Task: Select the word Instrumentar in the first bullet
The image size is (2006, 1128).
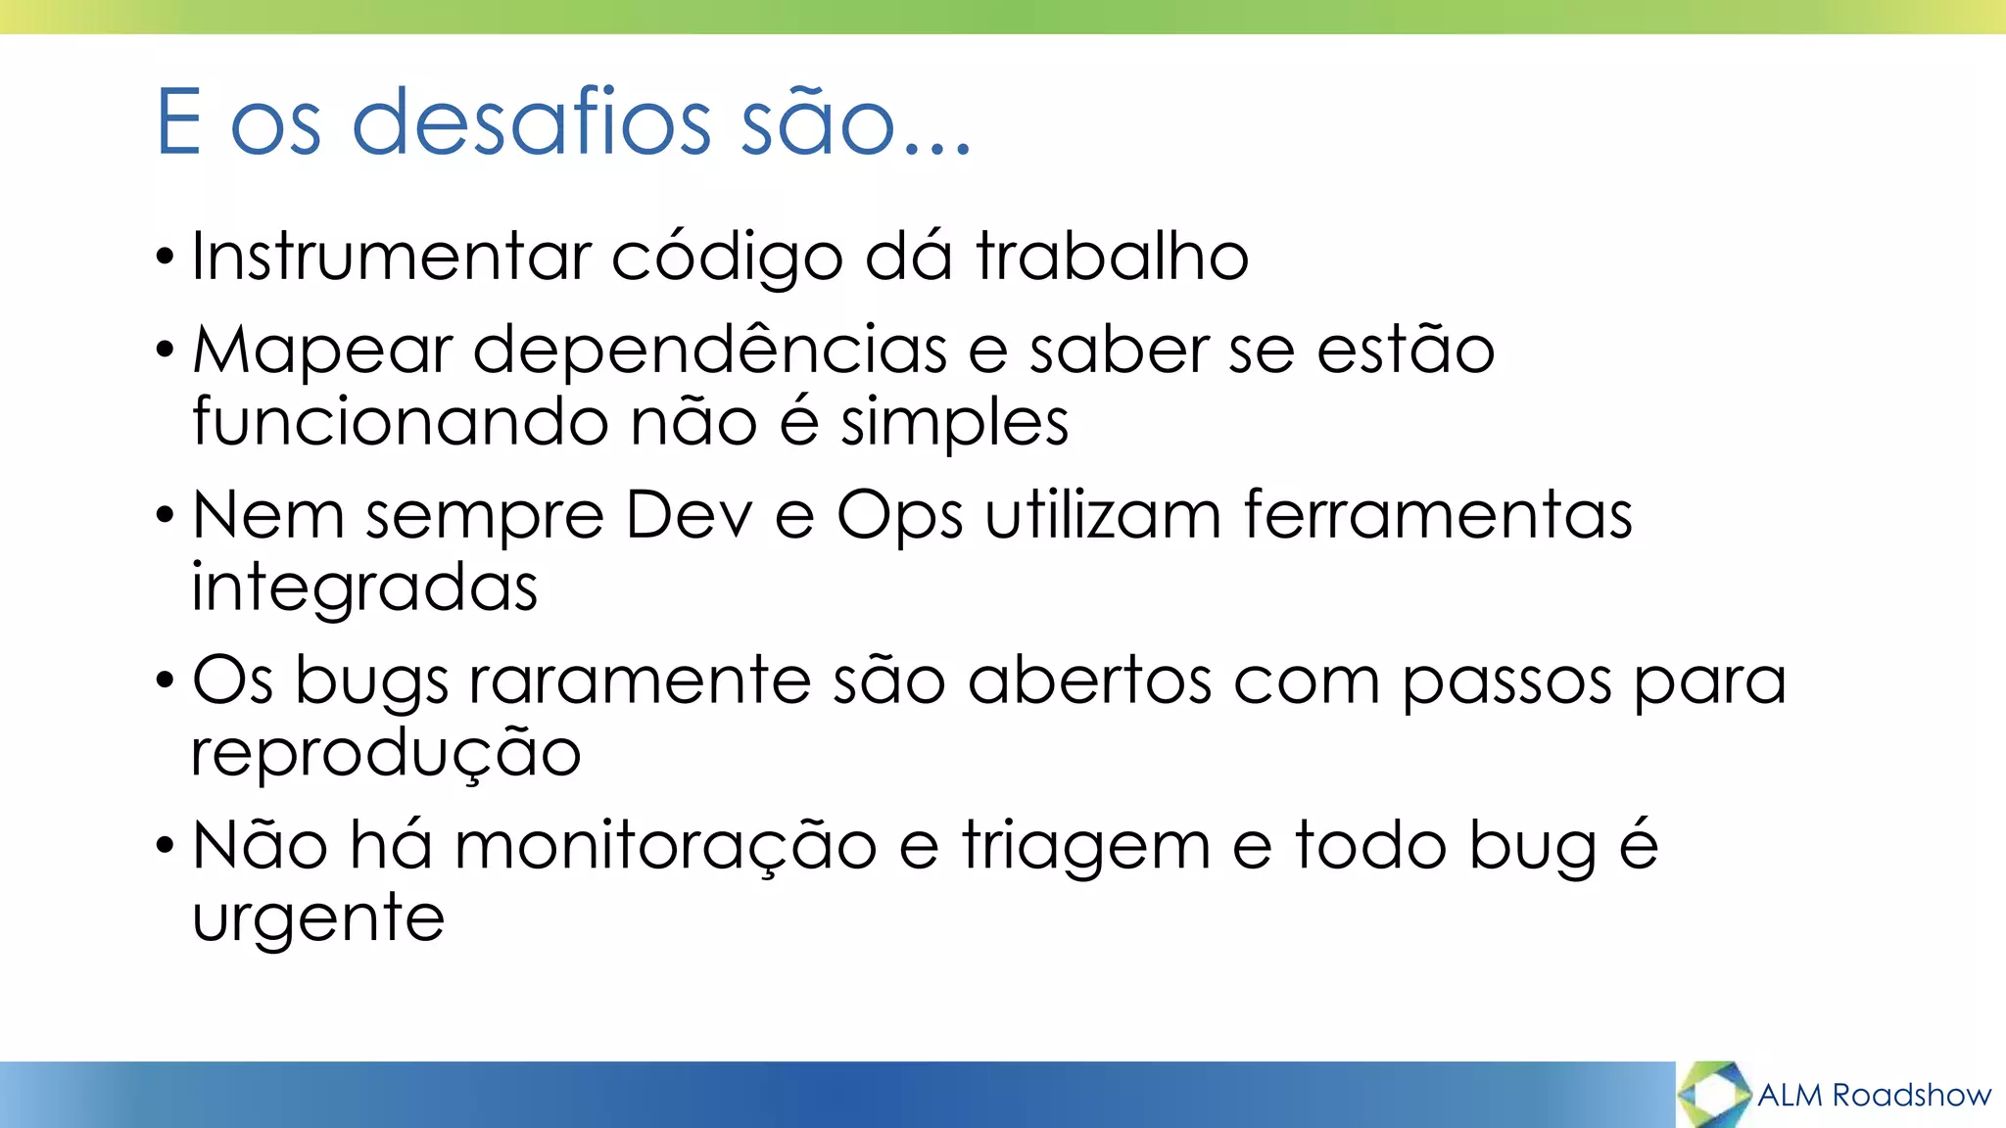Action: click(391, 257)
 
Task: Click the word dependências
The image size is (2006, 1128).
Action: click(710, 351)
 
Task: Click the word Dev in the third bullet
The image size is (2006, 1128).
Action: click(689, 515)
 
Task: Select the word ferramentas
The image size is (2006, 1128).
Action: click(1438, 515)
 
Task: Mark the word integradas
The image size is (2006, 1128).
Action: click(364, 589)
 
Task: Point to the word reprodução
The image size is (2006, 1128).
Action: click(386, 755)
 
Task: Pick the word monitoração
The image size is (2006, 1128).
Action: click(665, 847)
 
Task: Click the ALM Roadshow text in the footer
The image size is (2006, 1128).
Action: click(1874, 1095)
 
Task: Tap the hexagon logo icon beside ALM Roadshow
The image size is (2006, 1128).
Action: click(1714, 1094)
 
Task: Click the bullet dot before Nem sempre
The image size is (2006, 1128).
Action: click(165, 515)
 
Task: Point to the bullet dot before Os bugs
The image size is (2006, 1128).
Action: click(165, 681)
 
